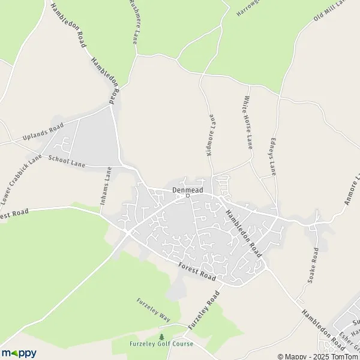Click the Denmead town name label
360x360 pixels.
[187, 190]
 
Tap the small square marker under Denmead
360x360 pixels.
[187, 196]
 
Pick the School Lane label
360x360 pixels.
[67, 161]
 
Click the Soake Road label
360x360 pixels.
[313, 269]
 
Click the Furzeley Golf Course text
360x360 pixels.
[161, 344]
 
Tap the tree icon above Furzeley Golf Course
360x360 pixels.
[161, 337]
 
